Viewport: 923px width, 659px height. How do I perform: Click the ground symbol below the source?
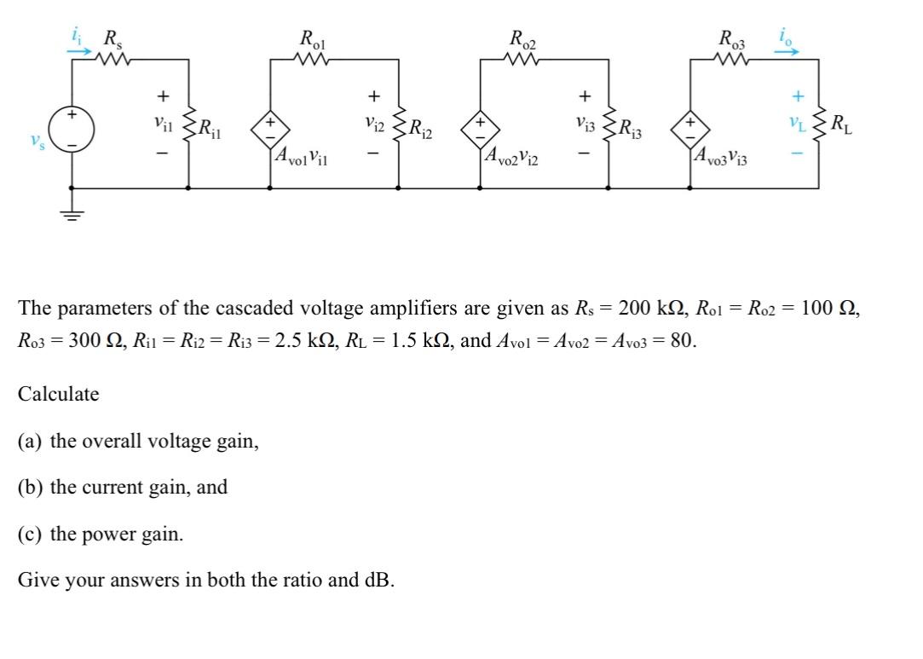pos(72,215)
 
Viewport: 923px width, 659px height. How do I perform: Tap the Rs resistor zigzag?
pos(110,60)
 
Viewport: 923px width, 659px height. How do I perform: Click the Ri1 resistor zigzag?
pos(188,128)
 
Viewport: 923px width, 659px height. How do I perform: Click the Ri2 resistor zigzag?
pos(399,128)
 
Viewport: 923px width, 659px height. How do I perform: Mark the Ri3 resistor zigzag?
pos(609,128)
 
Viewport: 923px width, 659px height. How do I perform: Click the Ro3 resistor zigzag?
pos(731,60)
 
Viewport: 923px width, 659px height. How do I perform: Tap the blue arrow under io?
pos(787,50)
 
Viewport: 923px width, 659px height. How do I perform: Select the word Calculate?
pos(58,394)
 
